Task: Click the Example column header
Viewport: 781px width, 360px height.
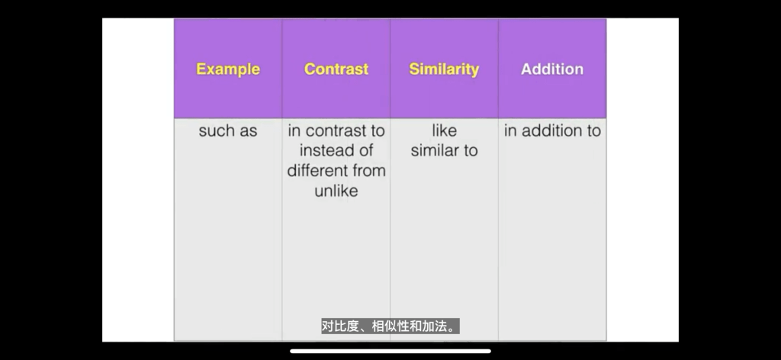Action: pyautogui.click(x=227, y=69)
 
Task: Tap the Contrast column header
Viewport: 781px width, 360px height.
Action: pyautogui.click(x=336, y=69)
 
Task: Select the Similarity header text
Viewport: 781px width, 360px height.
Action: pyautogui.click(x=444, y=69)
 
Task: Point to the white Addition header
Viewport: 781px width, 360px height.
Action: pyautogui.click(x=552, y=69)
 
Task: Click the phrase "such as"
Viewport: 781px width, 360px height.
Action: pyautogui.click(x=227, y=131)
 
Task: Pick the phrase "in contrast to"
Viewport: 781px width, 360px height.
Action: pyautogui.click(x=336, y=130)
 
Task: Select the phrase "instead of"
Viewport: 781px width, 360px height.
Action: pyautogui.click(x=336, y=150)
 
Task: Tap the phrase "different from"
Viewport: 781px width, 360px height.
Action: pyautogui.click(x=336, y=170)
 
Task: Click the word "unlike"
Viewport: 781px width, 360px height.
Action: pyautogui.click(x=336, y=190)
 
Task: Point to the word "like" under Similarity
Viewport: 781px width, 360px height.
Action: pyautogui.click(x=444, y=130)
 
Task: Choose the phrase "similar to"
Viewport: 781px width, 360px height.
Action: pyautogui.click(x=444, y=150)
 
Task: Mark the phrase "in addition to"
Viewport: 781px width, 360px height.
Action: pyautogui.click(x=552, y=130)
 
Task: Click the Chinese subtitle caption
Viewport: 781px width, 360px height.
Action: pyautogui.click(x=390, y=326)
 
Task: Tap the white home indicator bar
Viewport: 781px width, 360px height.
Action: pyautogui.click(x=390, y=351)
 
